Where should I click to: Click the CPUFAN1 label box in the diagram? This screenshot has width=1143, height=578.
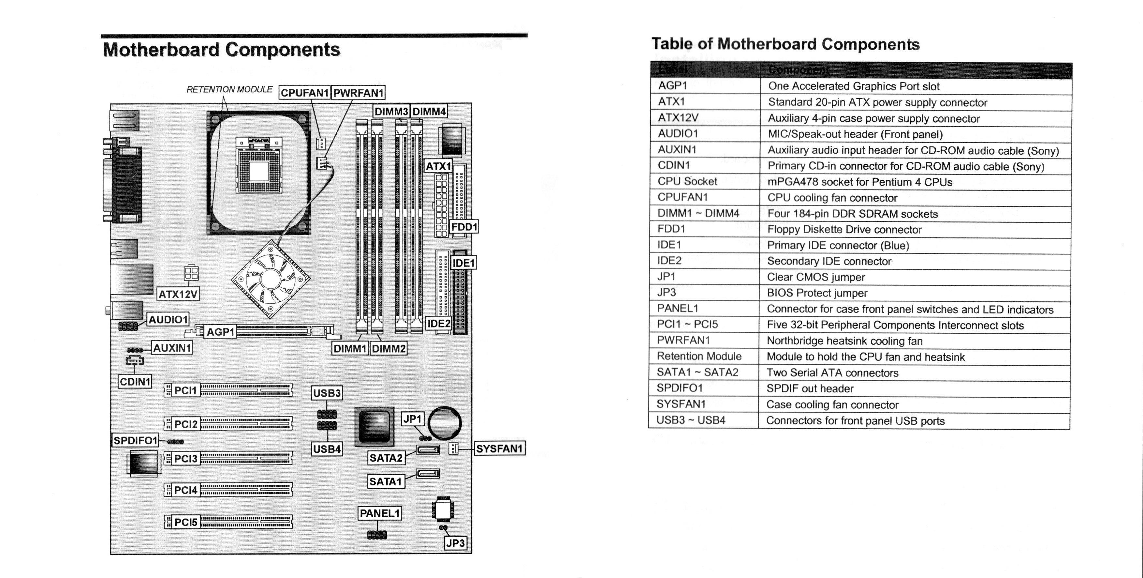pos(304,93)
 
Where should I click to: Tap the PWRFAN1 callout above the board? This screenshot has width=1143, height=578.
pos(358,93)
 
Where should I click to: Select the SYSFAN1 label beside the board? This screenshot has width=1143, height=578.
pos(499,449)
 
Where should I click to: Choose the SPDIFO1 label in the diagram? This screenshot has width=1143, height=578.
pos(135,441)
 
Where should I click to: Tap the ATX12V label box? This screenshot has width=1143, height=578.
pos(178,294)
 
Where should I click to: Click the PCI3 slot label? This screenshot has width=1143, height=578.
pos(185,459)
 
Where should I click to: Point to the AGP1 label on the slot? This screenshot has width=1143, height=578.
pos(220,332)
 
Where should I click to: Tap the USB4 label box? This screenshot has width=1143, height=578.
pos(327,449)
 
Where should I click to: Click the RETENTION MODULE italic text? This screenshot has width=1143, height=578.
pos(229,90)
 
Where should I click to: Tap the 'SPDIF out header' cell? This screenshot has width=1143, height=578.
pos(810,389)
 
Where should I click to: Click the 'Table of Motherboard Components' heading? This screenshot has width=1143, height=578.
pos(785,44)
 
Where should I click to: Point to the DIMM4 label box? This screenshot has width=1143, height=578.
pos(429,112)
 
